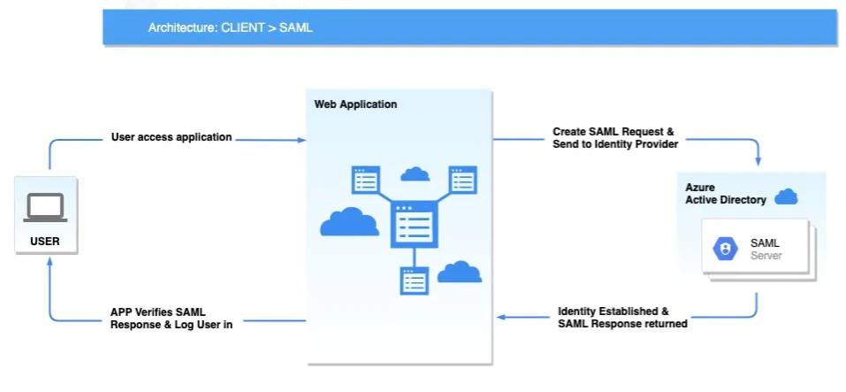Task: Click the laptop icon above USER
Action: [45, 207]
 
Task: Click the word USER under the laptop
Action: [45, 240]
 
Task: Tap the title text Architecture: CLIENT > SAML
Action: [230, 27]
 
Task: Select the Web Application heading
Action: [355, 104]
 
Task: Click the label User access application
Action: [171, 137]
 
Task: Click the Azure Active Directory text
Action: [725, 194]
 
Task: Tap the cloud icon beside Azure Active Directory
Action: [786, 196]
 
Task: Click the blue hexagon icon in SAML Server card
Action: [726, 250]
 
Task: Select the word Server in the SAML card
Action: [766, 256]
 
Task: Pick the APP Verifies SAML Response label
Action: [171, 317]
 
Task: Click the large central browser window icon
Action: [412, 224]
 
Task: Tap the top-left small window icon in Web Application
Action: [365, 180]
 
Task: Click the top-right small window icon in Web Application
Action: [462, 180]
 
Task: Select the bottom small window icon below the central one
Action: [413, 281]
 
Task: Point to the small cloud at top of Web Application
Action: [415, 173]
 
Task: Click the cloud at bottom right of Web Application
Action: [460, 272]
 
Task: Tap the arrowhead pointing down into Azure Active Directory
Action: [758, 162]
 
